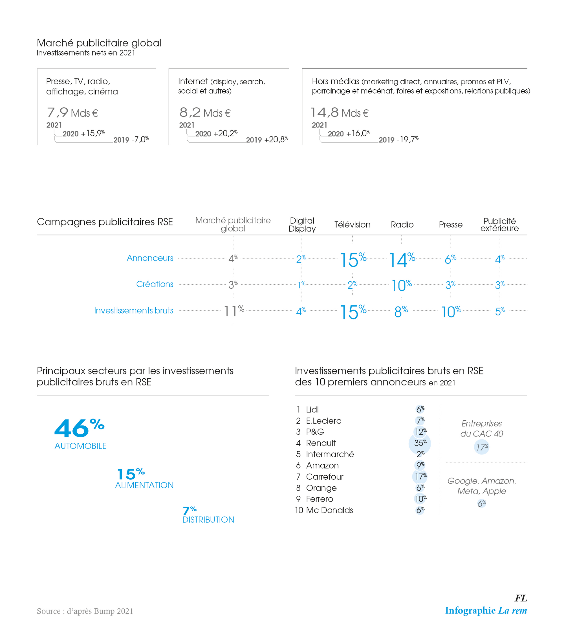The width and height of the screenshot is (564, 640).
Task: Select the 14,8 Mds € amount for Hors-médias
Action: (340, 112)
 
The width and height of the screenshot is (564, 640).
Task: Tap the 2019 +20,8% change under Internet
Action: (267, 140)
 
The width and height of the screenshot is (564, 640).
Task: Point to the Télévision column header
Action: (352, 224)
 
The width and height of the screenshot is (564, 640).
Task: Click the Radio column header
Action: (402, 224)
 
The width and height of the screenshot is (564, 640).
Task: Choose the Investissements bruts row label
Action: (134, 310)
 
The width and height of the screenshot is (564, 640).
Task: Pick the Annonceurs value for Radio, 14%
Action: (402, 260)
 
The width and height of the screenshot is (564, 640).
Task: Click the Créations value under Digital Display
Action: (301, 284)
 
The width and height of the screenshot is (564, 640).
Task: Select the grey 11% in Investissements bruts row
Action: (233, 311)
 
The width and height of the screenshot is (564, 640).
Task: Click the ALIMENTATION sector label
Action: (144, 485)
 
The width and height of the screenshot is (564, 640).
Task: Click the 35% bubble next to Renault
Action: (420, 443)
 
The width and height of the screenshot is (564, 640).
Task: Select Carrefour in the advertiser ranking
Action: (325, 476)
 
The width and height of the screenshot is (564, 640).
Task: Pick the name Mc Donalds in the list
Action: (329, 510)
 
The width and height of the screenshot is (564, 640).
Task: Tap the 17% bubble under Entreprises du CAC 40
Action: (482, 447)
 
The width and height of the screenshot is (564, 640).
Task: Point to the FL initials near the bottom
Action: (521, 598)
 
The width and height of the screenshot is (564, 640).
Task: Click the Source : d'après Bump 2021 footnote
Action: (85, 611)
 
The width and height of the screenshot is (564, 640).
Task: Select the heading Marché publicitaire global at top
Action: (99, 43)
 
